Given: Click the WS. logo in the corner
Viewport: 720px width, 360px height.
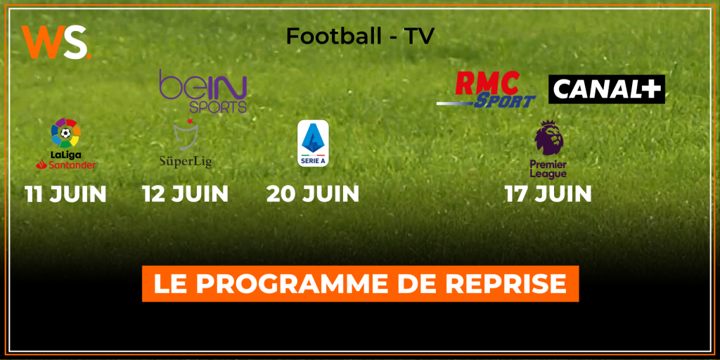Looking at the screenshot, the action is (56, 42).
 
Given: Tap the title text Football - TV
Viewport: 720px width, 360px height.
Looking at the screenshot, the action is (359, 37).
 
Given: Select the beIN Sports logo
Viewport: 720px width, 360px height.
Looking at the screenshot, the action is (203, 91).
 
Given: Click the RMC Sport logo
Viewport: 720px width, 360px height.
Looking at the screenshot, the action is (487, 89).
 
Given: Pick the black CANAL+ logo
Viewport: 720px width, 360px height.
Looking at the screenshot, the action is (607, 89).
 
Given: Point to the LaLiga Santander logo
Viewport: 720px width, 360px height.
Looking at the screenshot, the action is (65, 143).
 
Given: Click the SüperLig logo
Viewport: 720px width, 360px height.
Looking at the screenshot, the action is (186, 143).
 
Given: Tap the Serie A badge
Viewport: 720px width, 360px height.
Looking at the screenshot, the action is (313, 143).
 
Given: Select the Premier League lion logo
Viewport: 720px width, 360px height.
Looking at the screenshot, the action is (548, 150).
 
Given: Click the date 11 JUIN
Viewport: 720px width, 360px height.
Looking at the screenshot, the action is (65, 195).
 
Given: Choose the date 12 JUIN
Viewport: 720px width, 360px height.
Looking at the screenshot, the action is (186, 195).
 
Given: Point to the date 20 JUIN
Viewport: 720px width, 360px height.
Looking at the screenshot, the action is (313, 195).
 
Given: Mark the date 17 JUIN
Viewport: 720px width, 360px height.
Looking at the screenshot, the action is (548, 195).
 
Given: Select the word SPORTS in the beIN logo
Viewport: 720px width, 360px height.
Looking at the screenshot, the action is (218, 107).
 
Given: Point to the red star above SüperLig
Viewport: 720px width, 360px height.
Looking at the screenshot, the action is (189, 121).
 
